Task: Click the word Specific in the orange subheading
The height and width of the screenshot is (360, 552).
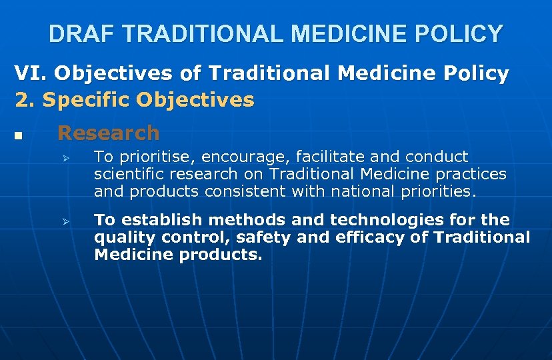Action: (x=86, y=100)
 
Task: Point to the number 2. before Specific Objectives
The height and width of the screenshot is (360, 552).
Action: (x=25, y=100)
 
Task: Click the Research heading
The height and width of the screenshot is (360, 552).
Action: (x=109, y=133)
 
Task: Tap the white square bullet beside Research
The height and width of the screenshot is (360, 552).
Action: (x=18, y=136)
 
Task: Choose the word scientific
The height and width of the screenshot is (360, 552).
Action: (x=130, y=174)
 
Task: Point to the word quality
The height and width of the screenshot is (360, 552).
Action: (x=121, y=237)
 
